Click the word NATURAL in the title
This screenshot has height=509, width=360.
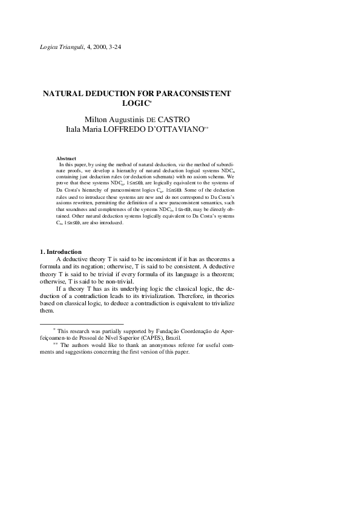point(64,94)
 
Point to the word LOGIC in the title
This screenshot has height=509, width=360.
point(152,104)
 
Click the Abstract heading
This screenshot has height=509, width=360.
point(66,158)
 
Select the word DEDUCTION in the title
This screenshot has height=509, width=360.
point(120,94)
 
